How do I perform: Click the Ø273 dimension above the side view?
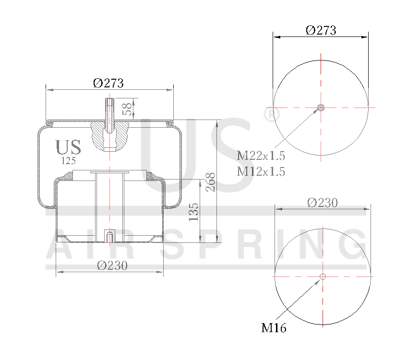(108, 83)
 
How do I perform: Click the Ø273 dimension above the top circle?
(321, 30)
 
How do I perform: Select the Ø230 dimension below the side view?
(112, 265)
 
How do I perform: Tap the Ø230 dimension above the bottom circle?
(322, 203)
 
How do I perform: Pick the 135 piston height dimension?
(194, 212)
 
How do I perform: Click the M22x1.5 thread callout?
(261, 156)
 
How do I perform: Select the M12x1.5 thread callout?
(261, 171)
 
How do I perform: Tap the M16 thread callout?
(274, 328)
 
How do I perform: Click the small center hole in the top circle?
(321, 108)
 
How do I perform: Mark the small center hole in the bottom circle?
(323, 276)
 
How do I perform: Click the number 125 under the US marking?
(69, 161)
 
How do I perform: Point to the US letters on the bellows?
(68, 147)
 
